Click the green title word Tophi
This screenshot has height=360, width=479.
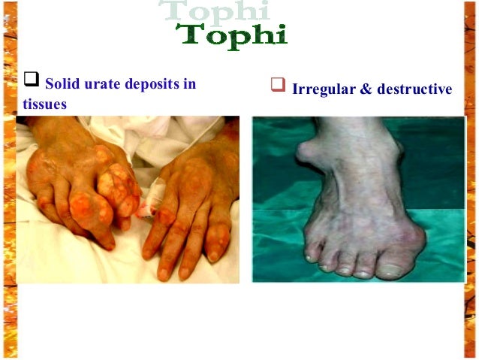pos(231,35)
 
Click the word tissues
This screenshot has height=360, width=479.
pos(44,104)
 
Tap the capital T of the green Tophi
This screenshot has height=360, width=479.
pos(189,34)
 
